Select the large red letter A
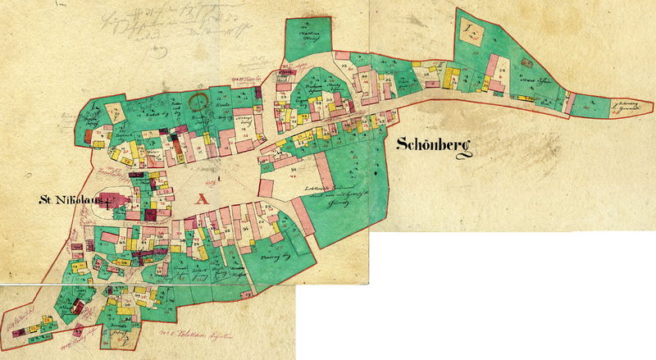pyautogui.click(x=200, y=197)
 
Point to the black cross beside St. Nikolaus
pyautogui.click(x=107, y=199)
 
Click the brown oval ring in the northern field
pyautogui.click(x=197, y=102)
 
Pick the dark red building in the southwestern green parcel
pyautogui.click(x=77, y=307)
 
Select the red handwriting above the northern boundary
pyautogui.click(x=247, y=80)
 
